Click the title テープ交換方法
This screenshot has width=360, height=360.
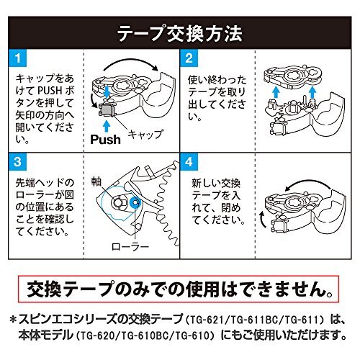180,34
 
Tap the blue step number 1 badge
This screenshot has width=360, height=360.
18,58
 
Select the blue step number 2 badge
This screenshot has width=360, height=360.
189,58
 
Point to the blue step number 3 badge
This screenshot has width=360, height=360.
18,161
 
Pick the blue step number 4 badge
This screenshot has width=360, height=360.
189,161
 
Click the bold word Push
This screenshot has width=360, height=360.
105,140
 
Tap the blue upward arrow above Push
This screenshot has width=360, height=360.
107,126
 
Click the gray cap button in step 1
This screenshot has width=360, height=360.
107,109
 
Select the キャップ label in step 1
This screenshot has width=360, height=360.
145,134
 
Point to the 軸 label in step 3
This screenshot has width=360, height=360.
96,182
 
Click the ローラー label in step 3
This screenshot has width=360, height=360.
130,246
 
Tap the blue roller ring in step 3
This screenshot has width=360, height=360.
134,203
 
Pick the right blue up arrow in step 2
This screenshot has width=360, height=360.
312,92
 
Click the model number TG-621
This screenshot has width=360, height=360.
206,320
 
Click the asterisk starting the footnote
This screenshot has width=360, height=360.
14,320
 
